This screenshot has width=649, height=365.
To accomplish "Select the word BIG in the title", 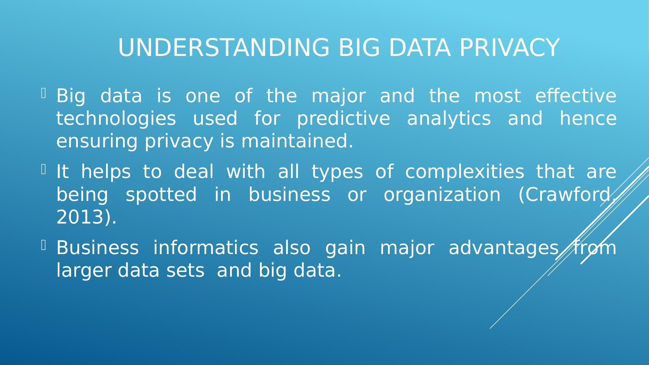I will click(x=359, y=48).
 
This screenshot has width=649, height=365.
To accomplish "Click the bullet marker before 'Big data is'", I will click(x=44, y=93).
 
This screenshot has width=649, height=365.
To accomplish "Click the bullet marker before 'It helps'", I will click(x=44, y=169).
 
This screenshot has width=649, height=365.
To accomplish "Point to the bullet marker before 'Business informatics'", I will click(x=44, y=245).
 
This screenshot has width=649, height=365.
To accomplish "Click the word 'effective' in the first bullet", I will click(x=576, y=96).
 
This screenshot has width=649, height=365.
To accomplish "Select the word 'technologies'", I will click(x=116, y=119).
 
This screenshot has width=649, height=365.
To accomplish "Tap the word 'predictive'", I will click(x=343, y=119).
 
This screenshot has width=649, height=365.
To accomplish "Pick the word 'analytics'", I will click(x=449, y=119).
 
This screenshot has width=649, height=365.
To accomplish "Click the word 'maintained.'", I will click(x=297, y=141).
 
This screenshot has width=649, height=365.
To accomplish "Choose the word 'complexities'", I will click(x=464, y=172).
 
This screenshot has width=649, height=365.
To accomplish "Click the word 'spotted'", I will click(x=161, y=195).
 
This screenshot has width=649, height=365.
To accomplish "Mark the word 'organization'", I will click(x=442, y=195).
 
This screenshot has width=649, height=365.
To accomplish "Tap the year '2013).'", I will click(x=86, y=218).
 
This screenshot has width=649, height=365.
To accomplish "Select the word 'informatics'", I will click(x=205, y=248).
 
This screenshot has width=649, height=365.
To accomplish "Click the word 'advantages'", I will click(x=503, y=248).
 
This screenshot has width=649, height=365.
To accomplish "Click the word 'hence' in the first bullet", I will click(x=588, y=119).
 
